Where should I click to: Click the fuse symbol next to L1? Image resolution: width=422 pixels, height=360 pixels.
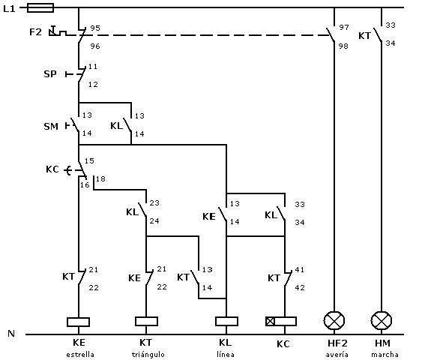(x=40, y=7)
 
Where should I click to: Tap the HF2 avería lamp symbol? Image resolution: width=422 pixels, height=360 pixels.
(x=334, y=321)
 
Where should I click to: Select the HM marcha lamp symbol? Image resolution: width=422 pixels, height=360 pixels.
(x=382, y=321)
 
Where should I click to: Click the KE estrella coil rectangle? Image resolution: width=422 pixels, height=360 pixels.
(x=78, y=322)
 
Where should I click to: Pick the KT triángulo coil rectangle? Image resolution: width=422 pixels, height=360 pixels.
(x=146, y=321)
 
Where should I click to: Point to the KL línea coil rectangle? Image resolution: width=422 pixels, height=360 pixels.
(x=226, y=321)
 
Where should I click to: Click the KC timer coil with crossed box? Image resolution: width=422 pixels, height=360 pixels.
(x=281, y=321)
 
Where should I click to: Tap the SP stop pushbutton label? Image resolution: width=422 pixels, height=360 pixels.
(x=50, y=73)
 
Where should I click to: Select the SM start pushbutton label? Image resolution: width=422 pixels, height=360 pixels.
(x=51, y=126)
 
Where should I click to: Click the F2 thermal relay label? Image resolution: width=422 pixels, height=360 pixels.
(x=35, y=32)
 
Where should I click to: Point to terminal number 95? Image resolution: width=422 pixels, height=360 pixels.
(x=95, y=28)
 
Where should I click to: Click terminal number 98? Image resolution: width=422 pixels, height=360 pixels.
(x=343, y=46)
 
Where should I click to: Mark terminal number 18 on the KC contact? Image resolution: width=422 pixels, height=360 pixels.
(x=100, y=178)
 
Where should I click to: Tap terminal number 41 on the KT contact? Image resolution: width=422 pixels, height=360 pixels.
(x=300, y=269)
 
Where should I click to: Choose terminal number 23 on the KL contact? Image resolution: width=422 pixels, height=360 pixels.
(x=154, y=202)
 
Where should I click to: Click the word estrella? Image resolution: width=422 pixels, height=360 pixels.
(x=80, y=354)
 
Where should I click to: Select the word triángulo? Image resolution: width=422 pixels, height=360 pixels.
(x=148, y=354)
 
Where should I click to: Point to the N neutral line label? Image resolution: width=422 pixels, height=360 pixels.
(x=11, y=334)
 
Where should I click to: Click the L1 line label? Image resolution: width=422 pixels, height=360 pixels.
(x=9, y=9)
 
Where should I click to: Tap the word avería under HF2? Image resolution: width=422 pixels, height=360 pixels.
(x=337, y=354)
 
